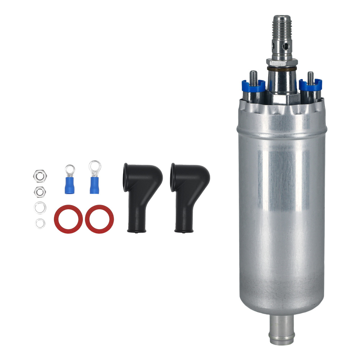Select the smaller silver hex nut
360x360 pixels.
tap(40, 192)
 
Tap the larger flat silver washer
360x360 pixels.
tap(40, 208)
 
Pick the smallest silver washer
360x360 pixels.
tap(40, 223)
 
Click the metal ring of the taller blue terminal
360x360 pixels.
tap(95, 167)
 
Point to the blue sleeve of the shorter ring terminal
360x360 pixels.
tap(70, 186)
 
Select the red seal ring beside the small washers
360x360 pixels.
tap(68, 219)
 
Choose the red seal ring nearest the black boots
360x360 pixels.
tap(99, 219)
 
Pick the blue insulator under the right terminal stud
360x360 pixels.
tap(310, 86)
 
